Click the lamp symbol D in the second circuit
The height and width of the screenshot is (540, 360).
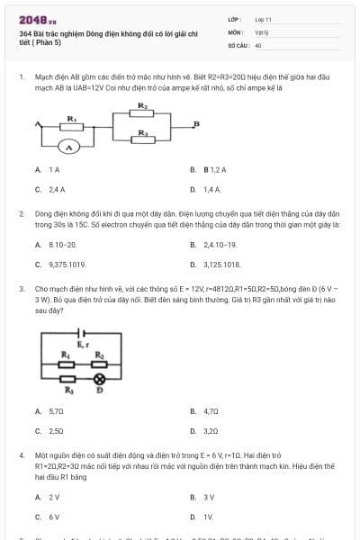(x=100, y=379)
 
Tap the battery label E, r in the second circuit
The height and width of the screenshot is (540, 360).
(x=83, y=345)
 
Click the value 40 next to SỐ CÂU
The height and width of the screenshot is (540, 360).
(x=258, y=44)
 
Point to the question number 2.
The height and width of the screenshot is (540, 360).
(x=21, y=215)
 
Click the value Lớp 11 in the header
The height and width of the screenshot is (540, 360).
(x=263, y=19)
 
